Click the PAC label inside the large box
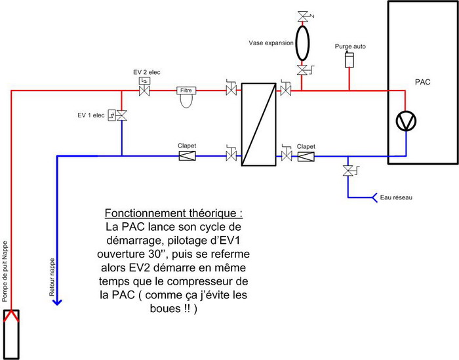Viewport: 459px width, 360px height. coord(423,83)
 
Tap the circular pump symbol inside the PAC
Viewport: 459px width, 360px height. coord(406,121)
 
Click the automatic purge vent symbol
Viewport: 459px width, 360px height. coord(349,60)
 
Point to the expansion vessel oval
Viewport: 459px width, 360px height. coord(302,42)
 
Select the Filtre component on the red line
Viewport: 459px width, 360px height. coord(188,92)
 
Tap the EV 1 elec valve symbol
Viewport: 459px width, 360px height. coord(121,115)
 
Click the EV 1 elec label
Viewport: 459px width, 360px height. coord(90,115)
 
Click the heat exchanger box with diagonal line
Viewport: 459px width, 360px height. coord(258,125)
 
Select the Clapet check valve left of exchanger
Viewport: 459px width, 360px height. coord(188,156)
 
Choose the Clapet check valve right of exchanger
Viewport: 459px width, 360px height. coord(306,156)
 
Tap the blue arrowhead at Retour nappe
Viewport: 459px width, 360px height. coord(58,302)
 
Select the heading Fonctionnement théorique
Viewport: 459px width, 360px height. coord(178,214)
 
